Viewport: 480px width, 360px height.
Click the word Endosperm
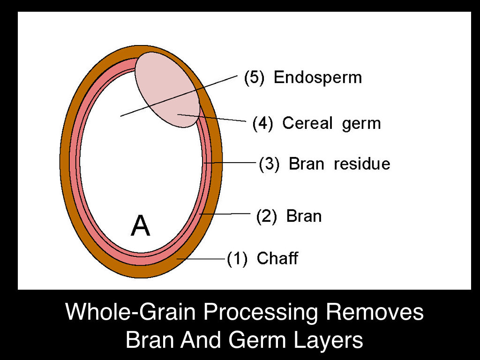click(x=318, y=78)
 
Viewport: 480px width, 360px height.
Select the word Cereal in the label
click(x=307, y=124)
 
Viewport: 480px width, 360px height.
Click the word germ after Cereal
click(x=361, y=124)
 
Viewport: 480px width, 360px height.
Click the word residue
click(x=362, y=164)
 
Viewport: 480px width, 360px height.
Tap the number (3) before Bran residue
click(x=269, y=164)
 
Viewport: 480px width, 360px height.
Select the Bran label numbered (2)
click(x=304, y=216)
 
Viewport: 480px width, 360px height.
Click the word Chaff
click(x=277, y=258)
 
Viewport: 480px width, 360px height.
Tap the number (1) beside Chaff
click(x=237, y=258)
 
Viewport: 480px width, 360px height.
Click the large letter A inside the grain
click(x=140, y=226)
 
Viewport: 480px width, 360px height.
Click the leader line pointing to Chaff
click(x=202, y=259)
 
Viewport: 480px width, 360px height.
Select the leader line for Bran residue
click(x=232, y=163)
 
